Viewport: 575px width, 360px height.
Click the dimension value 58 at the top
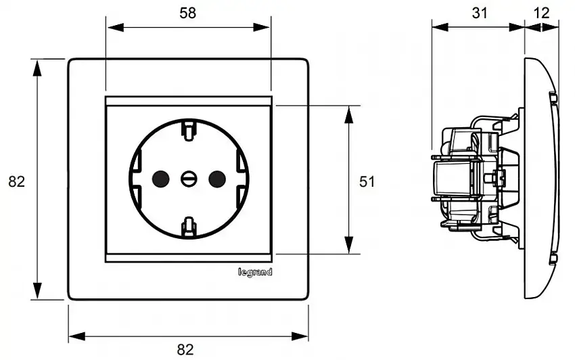point(188,13)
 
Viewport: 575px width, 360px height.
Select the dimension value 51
point(367,181)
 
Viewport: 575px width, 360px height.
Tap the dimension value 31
point(478,12)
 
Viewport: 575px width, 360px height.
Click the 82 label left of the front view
point(16,181)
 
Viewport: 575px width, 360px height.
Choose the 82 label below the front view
point(185,349)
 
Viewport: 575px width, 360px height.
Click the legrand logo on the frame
point(255,272)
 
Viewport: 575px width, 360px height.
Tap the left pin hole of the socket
point(160,179)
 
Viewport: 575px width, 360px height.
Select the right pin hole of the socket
point(216,179)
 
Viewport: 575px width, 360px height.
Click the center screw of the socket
point(189,179)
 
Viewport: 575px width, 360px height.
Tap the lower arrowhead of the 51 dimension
point(349,246)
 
